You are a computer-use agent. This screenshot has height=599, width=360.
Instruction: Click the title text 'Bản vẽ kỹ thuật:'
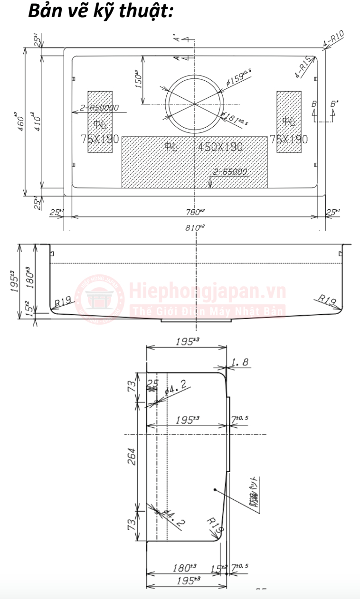point(100,11)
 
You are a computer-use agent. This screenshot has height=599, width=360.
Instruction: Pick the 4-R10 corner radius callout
point(333,39)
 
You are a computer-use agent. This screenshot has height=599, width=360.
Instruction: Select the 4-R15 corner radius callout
point(303,68)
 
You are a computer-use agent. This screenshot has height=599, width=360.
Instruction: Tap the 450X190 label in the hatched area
point(220,147)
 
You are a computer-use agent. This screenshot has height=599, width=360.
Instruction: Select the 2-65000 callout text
point(230,172)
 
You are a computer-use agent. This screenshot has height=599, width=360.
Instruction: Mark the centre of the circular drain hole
point(193,103)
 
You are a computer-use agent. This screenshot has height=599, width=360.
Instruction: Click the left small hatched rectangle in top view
point(100,122)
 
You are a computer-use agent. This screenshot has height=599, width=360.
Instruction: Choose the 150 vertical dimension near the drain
point(139,79)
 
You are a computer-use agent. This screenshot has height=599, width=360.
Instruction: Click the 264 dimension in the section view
point(132,456)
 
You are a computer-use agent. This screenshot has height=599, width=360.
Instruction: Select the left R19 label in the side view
point(63,301)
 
